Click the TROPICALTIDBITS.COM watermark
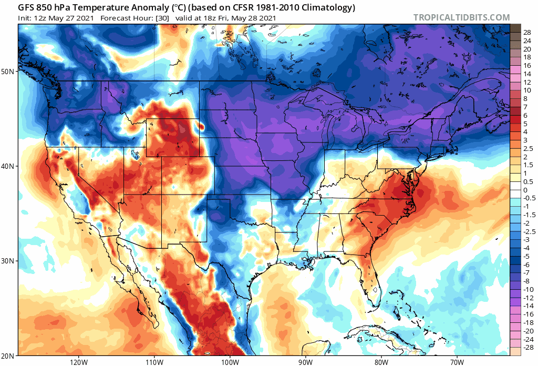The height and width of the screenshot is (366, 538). pos(461,18)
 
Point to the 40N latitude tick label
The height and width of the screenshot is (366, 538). pos(10,166)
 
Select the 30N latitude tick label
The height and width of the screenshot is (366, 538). pos(10,261)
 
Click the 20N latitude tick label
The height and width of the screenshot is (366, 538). pos(10,355)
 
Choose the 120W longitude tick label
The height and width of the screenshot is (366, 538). pos(78,361)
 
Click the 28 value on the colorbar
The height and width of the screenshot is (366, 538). pos(526,32)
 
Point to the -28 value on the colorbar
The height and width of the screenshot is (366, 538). pos(527,347)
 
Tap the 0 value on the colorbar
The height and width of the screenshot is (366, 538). pos(525,190)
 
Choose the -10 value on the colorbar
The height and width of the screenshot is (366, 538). pos(527,289)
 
